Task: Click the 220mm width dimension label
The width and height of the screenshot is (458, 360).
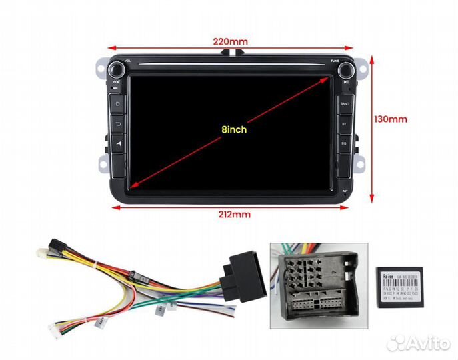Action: click(231, 41)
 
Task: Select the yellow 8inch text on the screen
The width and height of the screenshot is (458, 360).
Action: click(234, 129)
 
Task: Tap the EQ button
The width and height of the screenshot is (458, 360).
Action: click(345, 142)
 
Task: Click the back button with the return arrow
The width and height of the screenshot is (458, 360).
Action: click(118, 123)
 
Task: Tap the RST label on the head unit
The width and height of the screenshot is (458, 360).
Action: click(345, 190)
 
